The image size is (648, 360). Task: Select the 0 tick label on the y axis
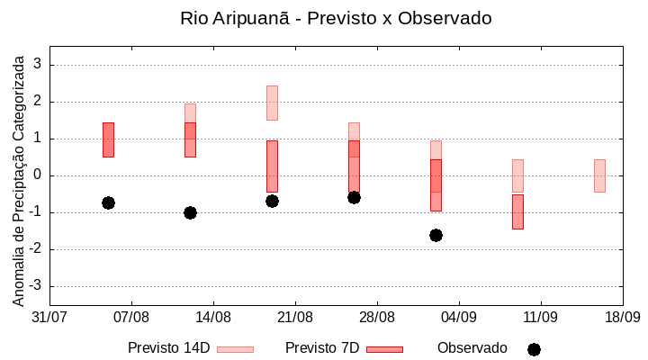38,175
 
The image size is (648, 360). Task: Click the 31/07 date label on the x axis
49,317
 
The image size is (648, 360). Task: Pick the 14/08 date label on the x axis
213,317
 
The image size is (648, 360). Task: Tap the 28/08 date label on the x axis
377,317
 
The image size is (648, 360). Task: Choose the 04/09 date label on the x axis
459,317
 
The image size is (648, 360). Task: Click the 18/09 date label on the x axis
622,317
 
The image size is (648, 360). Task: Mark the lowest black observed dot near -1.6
436,235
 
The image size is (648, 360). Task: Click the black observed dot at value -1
190,212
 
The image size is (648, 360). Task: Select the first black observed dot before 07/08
108,202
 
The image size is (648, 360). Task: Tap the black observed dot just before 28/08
354,197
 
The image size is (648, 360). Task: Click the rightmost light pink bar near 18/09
599,175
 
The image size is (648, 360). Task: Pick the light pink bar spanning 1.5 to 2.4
272,103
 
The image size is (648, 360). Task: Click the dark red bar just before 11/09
517,211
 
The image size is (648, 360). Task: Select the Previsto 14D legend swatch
236,349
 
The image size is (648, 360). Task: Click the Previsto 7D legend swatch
384,349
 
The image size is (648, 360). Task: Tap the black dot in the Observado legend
534,349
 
